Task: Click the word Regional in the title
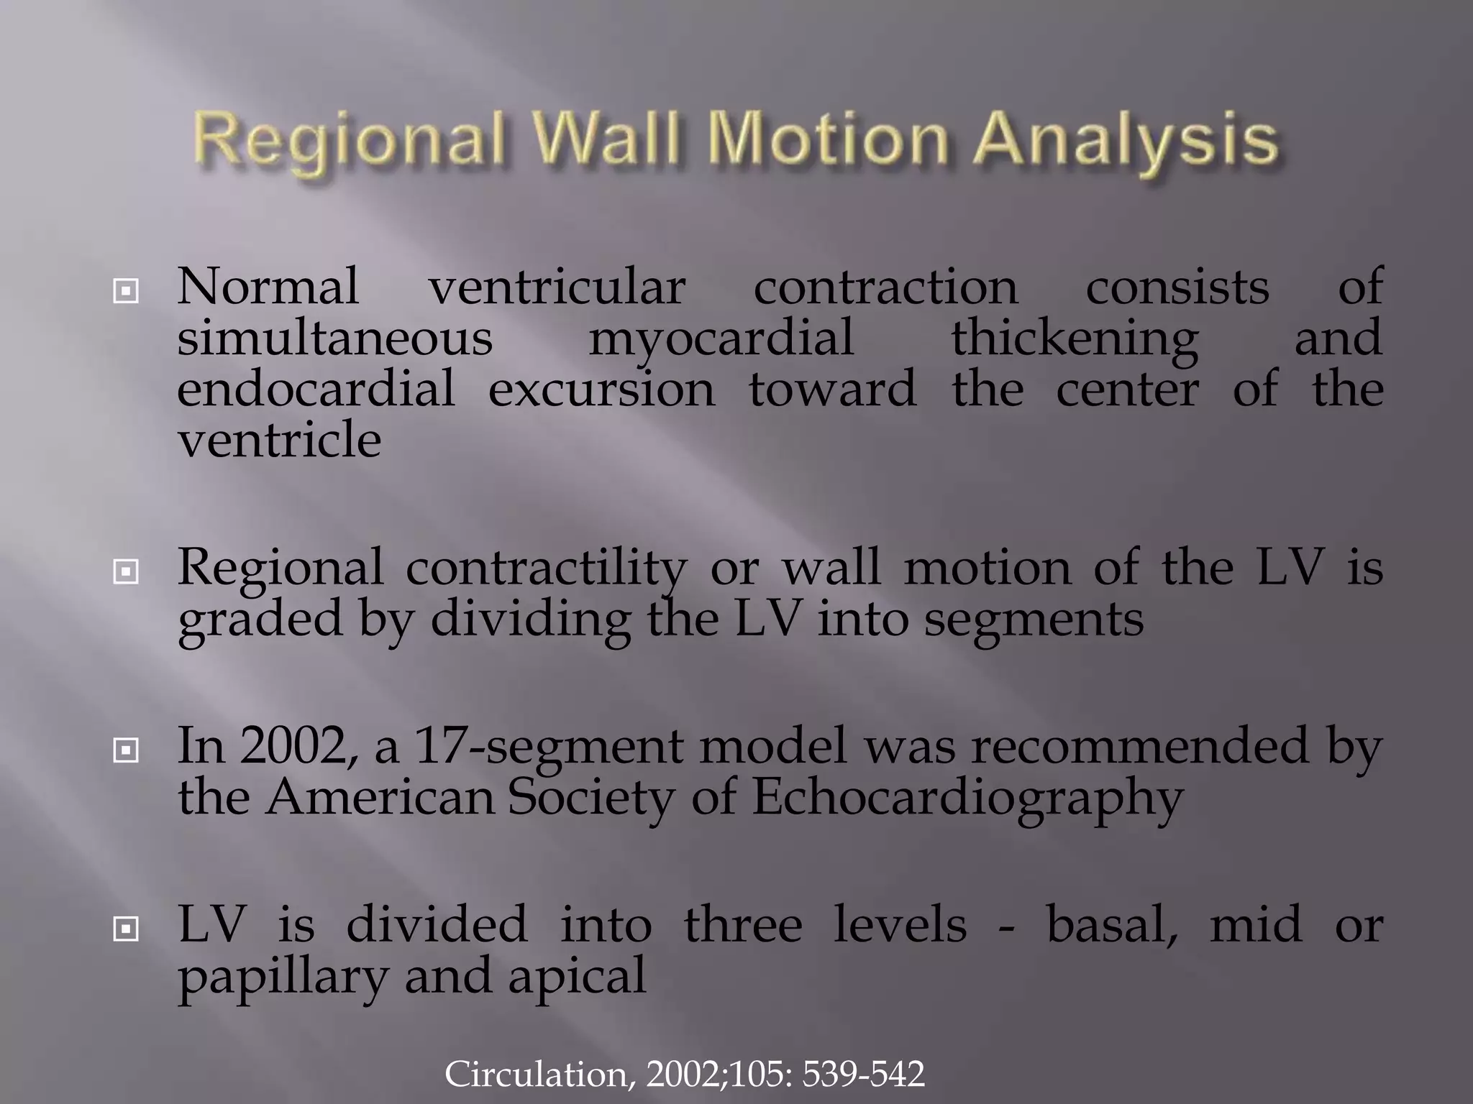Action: coord(349,141)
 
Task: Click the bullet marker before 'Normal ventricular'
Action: coord(126,291)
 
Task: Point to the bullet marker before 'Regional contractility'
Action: coord(126,572)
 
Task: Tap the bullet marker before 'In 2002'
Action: coord(126,751)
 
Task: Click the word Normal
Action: coord(268,287)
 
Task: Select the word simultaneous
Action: coord(334,338)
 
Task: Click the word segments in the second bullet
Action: coord(1034,620)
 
